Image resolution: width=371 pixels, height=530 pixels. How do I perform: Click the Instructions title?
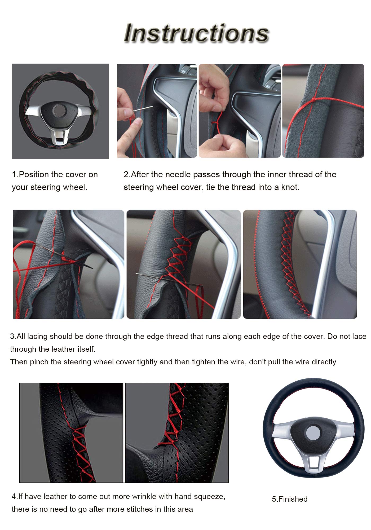coord(197,33)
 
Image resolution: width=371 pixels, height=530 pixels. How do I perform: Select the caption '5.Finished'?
coord(290,499)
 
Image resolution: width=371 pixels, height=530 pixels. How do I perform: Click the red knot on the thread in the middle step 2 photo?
coord(216,124)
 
